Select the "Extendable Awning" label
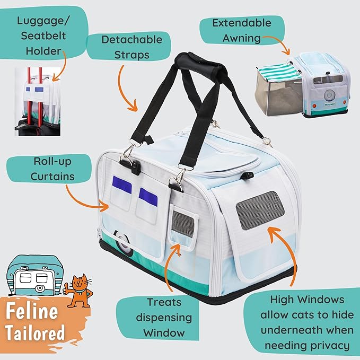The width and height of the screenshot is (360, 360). (241, 31)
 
